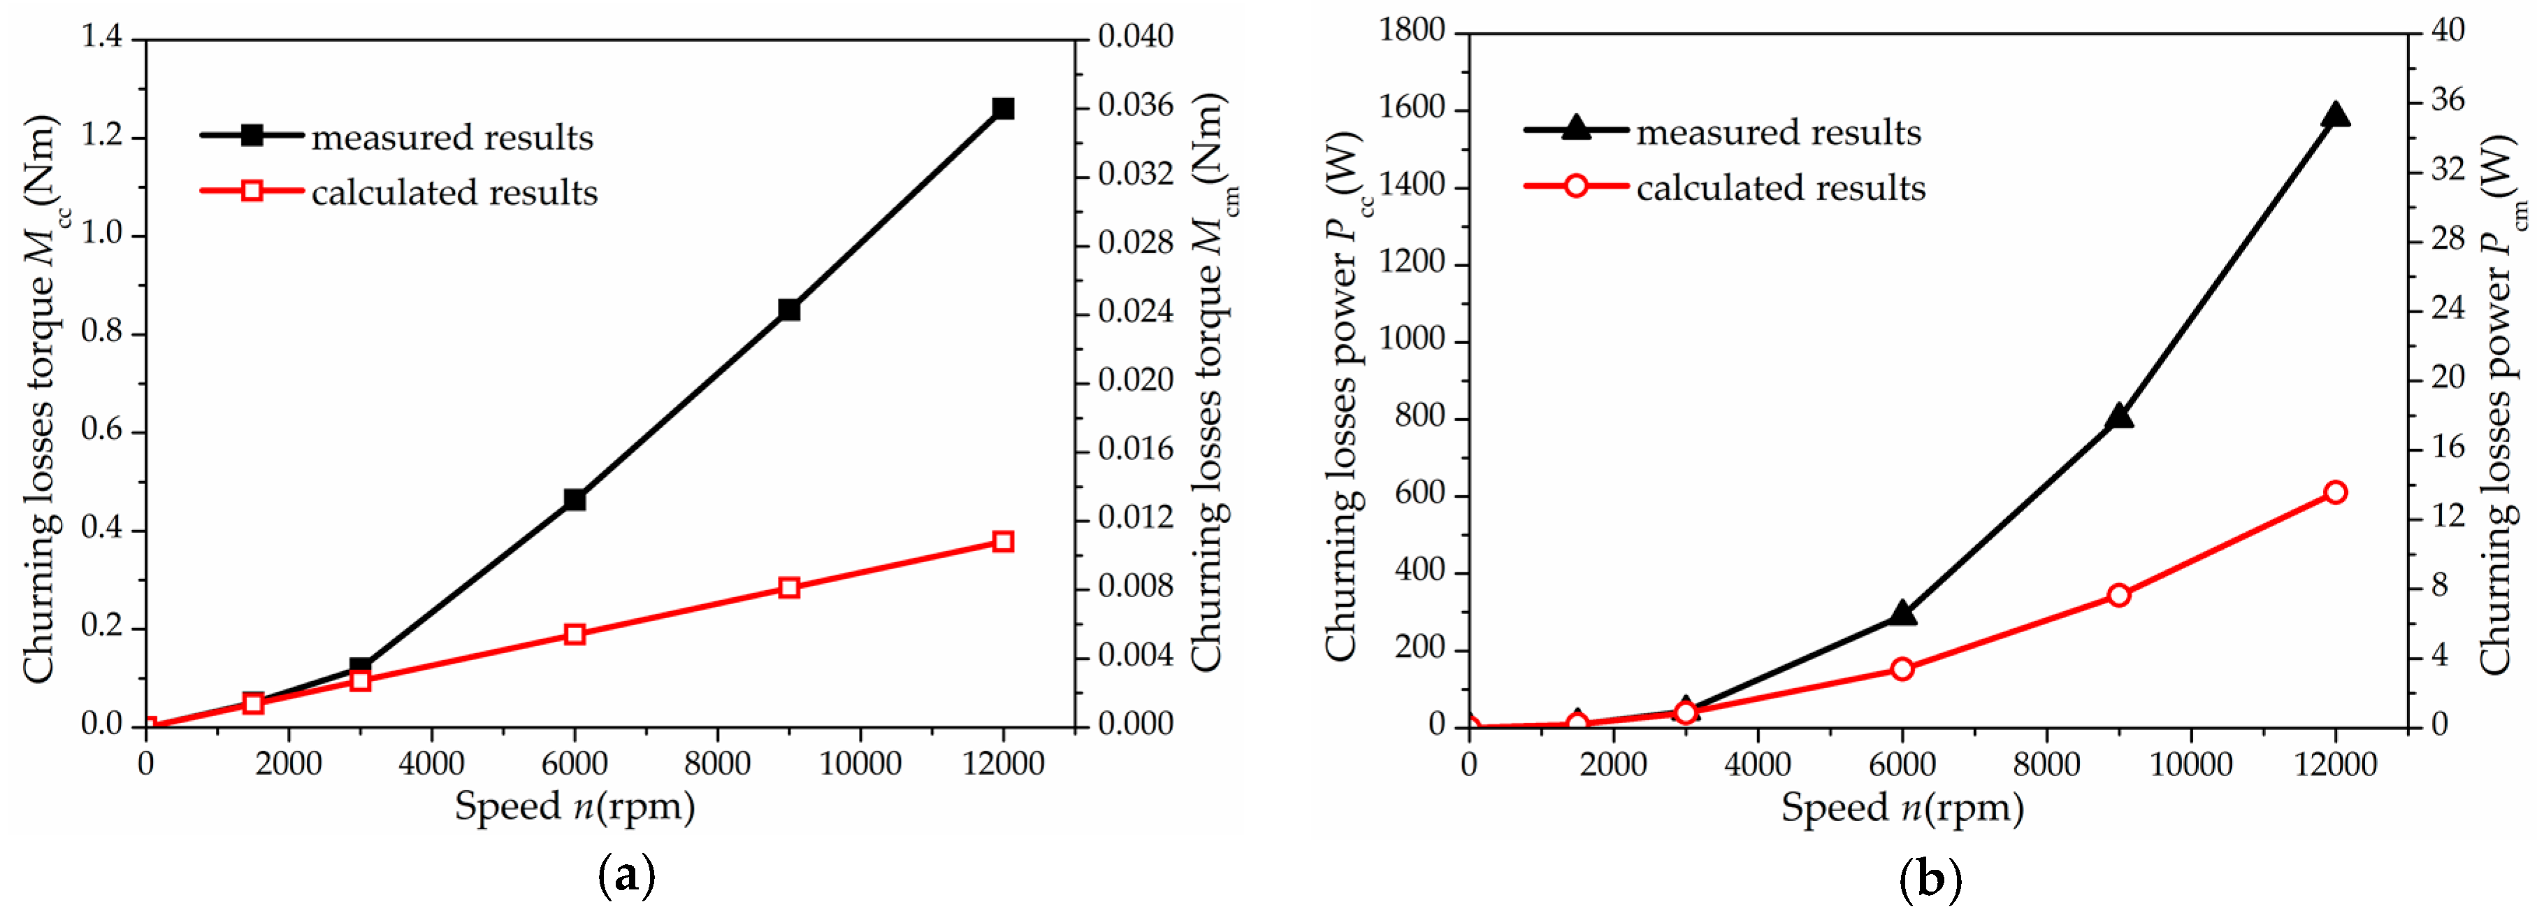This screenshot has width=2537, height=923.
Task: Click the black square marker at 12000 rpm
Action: tap(1003, 108)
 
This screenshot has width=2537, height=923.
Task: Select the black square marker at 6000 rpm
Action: tap(574, 499)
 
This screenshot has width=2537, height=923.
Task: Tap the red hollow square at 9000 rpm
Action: tap(788, 588)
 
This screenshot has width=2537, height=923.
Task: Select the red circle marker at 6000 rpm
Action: tap(1902, 670)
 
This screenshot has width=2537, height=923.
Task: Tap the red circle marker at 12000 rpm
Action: tap(2335, 492)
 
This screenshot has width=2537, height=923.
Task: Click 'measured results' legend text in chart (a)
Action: tap(452, 138)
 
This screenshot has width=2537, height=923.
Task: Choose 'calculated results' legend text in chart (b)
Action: tap(1781, 188)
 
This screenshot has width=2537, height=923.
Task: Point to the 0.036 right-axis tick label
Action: tap(1136, 106)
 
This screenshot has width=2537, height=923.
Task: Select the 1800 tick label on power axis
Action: tap(1411, 31)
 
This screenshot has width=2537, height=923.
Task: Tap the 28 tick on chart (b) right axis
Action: tap(2448, 239)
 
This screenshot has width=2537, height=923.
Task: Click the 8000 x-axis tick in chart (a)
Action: tap(717, 764)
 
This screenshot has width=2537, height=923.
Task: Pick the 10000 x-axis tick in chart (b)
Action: tap(2190, 764)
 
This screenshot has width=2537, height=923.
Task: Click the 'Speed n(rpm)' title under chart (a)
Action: tap(574, 807)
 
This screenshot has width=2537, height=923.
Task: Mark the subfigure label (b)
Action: tap(1930, 878)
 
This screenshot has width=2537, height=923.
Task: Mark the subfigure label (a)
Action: tap(626, 875)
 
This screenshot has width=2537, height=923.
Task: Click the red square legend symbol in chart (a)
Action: tap(252, 190)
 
